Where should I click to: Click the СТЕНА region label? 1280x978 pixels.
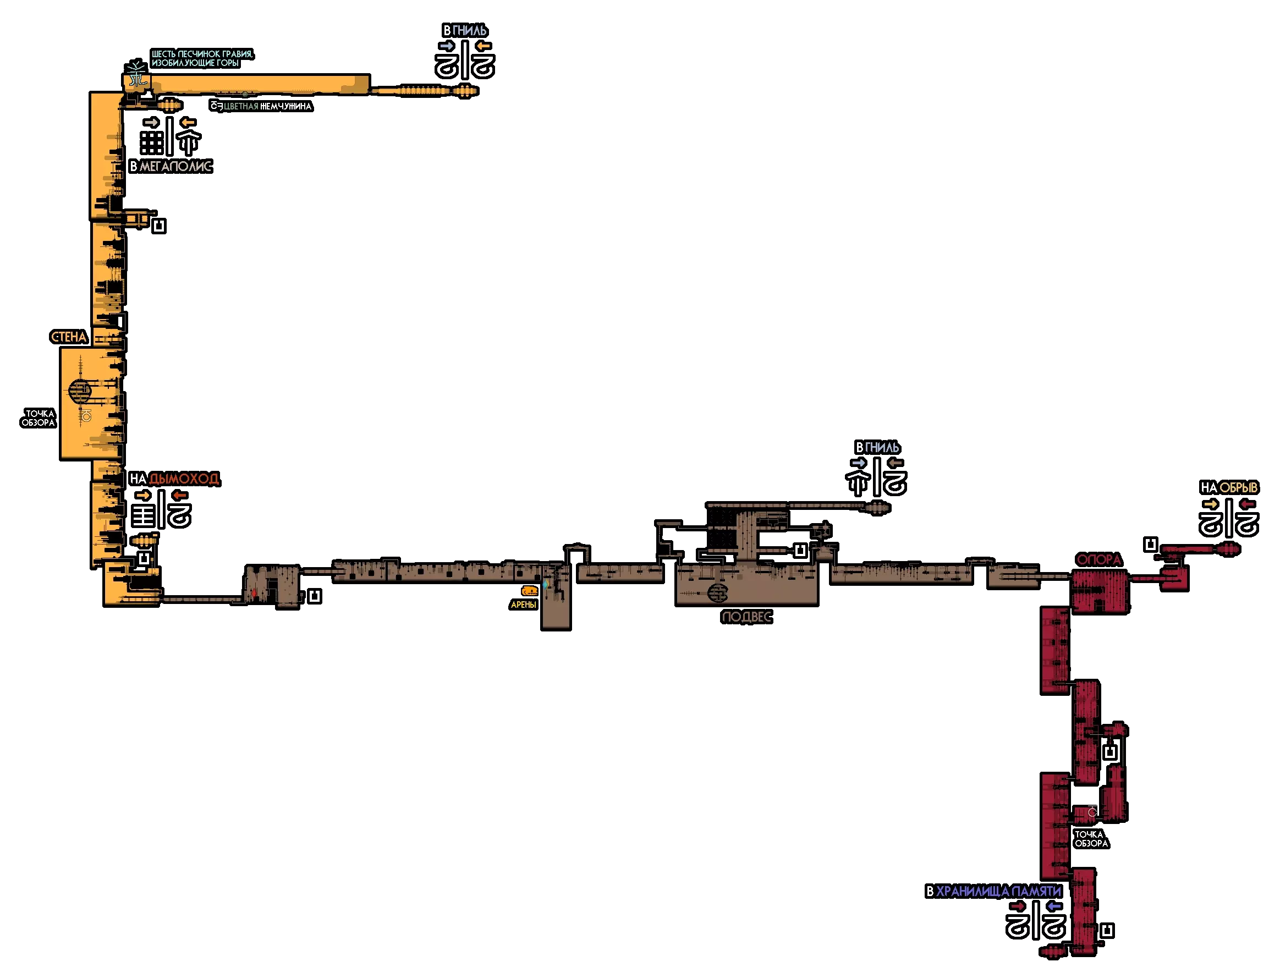pyautogui.click(x=69, y=337)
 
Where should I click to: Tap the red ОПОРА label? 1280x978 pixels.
pyautogui.click(x=1098, y=559)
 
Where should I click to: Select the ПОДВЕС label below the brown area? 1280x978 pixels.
pyautogui.click(x=746, y=617)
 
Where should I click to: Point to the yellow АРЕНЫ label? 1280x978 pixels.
pyautogui.click(x=523, y=605)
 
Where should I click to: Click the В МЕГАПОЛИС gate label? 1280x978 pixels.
pyautogui.click(x=170, y=167)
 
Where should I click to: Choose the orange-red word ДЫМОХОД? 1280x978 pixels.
pyautogui.click(x=184, y=479)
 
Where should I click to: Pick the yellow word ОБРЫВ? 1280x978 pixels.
pyautogui.click(x=1238, y=488)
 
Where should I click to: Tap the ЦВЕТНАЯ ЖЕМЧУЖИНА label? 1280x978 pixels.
pyautogui.click(x=267, y=107)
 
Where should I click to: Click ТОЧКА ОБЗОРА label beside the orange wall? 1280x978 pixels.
pyautogui.click(x=39, y=418)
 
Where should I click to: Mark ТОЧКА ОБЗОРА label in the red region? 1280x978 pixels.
pyautogui.click(x=1091, y=839)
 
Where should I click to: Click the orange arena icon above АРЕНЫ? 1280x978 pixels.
pyautogui.click(x=529, y=591)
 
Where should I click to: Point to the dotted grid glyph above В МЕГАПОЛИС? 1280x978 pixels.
pyautogui.click(x=151, y=142)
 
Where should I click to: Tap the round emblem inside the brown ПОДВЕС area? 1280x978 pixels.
pyautogui.click(x=718, y=593)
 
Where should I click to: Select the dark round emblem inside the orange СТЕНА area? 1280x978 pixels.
pyautogui.click(x=80, y=391)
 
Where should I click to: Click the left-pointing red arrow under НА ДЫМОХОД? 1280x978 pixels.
pyautogui.click(x=180, y=496)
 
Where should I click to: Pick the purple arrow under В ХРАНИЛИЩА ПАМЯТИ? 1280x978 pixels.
pyautogui.click(x=1054, y=906)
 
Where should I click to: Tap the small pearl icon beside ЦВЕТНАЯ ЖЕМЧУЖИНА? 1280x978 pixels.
pyautogui.click(x=217, y=106)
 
